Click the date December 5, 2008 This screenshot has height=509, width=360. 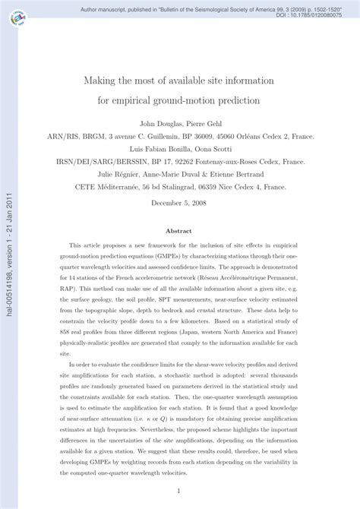click(180, 204)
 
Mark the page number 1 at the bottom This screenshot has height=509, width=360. click(180, 490)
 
